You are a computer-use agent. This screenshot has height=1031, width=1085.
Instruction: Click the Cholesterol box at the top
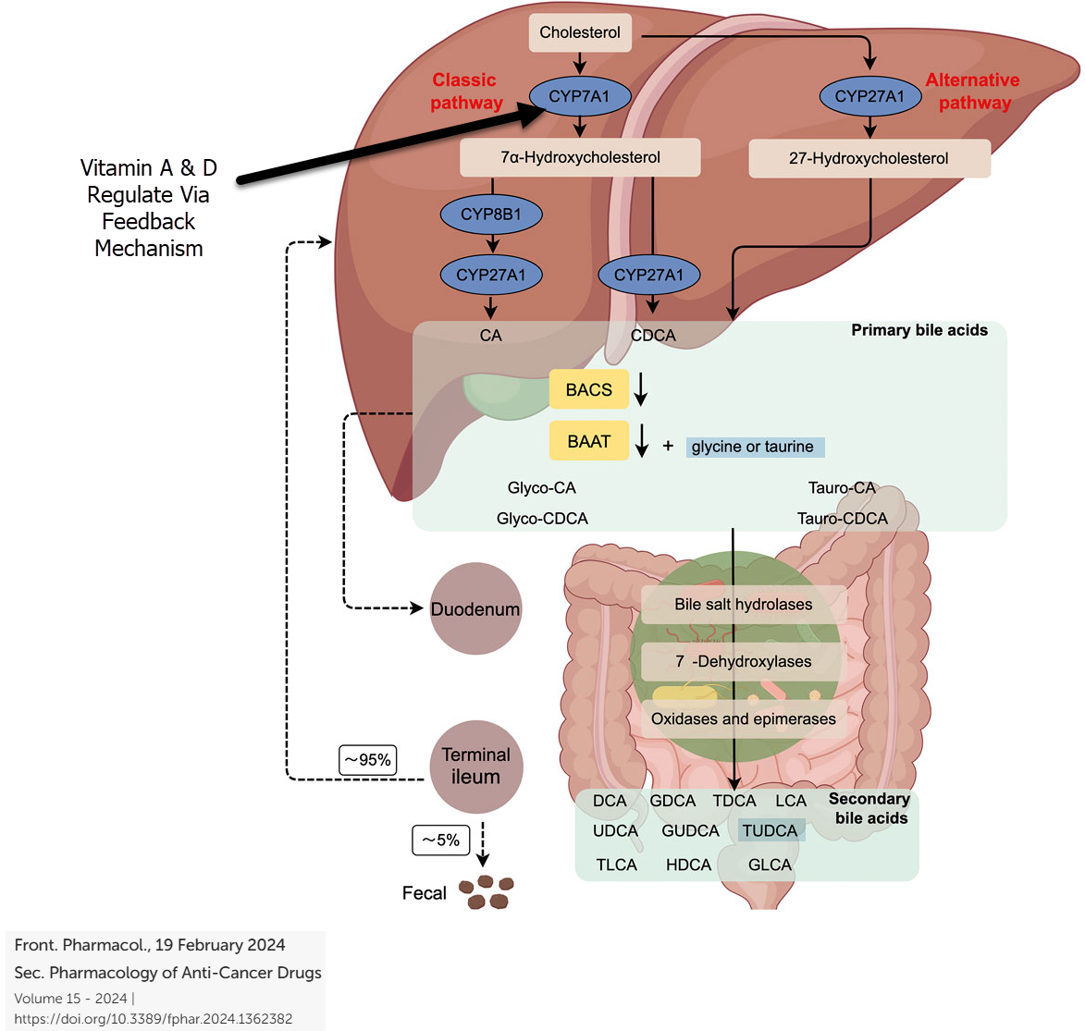580,32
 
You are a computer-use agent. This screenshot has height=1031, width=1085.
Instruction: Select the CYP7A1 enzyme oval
580,96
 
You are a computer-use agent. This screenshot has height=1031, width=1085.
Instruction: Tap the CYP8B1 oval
490,215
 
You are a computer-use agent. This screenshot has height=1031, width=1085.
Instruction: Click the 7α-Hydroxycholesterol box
580,157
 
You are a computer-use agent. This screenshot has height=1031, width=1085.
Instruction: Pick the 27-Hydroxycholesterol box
869,158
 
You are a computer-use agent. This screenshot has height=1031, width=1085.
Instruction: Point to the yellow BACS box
589,389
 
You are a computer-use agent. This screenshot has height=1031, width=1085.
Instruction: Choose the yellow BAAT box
589,441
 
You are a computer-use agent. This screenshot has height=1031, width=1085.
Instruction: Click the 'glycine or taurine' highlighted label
754,447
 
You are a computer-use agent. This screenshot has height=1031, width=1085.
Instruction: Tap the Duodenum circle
475,609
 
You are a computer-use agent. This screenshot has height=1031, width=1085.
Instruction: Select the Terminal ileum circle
475,767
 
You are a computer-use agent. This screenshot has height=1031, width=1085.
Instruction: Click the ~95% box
368,759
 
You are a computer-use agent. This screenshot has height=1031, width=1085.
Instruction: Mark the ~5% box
441,840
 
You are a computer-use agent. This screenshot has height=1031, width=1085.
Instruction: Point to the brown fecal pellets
487,892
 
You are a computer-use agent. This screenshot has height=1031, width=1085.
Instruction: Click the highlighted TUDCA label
771,830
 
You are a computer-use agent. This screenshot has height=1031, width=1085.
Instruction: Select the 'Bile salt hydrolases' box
743,605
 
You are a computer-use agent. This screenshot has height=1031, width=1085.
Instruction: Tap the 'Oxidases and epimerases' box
743,718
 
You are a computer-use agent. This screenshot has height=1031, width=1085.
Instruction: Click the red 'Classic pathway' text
465,92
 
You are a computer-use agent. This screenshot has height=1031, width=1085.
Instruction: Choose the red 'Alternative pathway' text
973,92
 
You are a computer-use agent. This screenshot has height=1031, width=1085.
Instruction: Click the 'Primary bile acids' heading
919,330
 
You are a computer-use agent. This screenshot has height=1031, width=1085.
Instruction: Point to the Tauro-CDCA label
842,519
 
